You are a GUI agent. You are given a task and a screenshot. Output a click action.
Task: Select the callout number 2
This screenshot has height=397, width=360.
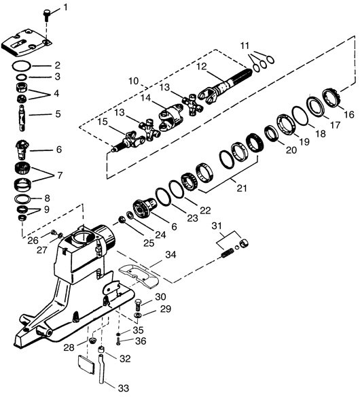point(58,65)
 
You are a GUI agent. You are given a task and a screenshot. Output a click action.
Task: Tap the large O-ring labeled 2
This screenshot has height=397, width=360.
point(22,66)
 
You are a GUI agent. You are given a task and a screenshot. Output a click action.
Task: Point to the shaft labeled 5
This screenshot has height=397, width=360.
point(22,118)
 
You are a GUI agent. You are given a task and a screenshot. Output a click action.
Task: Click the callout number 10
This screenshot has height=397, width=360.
point(134,81)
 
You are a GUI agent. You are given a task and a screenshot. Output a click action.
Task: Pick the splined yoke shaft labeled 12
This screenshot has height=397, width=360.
point(224,86)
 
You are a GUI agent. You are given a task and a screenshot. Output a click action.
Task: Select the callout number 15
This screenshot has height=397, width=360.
point(103,122)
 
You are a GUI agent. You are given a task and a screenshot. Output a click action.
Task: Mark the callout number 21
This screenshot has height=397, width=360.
point(241,188)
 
